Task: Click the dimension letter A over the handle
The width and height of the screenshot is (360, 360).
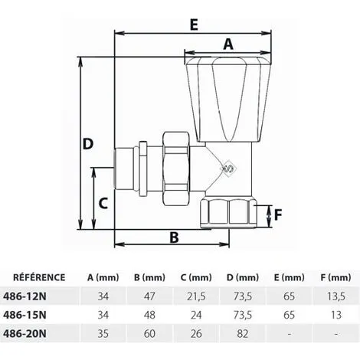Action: [227, 44]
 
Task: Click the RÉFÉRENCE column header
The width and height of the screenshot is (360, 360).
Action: [41, 277]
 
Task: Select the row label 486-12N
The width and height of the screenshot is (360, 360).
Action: [34, 296]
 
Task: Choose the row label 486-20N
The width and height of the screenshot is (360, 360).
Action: [34, 333]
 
